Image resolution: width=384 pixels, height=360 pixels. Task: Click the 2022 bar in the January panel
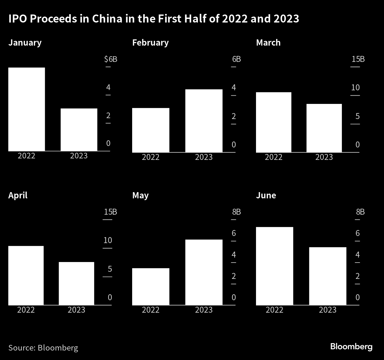pos(27,109)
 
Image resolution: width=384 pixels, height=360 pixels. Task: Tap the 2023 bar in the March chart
pos(324,128)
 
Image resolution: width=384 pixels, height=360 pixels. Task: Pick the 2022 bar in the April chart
pos(26,275)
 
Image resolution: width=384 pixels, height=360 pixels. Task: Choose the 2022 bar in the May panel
pos(151,286)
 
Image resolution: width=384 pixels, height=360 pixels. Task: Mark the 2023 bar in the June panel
pos(328,276)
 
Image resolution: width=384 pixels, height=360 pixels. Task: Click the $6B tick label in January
pos(111,59)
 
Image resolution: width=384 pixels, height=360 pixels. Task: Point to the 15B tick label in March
pos(358,59)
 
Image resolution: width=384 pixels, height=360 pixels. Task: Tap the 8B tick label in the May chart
pos(236,212)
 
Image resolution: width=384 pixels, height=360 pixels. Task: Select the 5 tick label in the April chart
pos(110,269)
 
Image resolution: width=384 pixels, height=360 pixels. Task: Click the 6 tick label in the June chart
pos(358,233)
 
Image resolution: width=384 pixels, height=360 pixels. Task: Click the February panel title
pos(150,43)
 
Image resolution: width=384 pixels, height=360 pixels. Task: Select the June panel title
pos(266,195)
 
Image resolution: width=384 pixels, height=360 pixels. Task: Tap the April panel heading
pos(18,195)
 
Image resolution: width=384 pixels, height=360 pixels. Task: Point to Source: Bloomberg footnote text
pos(43,348)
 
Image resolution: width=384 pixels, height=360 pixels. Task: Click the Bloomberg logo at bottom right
pos(351,346)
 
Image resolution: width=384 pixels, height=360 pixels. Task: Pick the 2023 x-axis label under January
pos(79,156)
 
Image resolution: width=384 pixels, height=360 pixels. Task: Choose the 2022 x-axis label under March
pos(273,157)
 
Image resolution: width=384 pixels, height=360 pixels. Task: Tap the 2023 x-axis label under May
pos(204,310)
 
